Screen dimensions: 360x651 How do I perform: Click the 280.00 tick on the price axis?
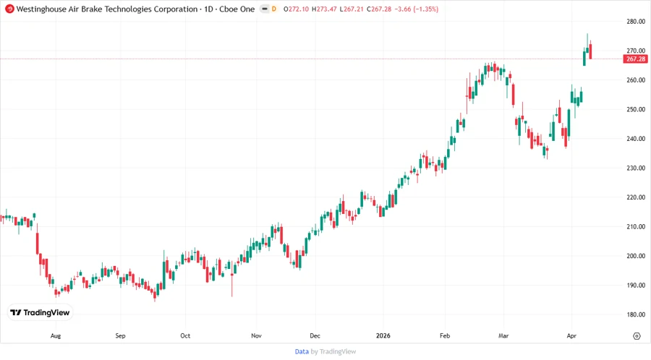point(636,22)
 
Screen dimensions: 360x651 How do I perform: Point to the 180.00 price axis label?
point(636,314)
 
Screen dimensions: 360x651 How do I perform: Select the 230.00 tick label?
point(636,168)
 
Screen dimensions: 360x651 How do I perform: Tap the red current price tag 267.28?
point(636,59)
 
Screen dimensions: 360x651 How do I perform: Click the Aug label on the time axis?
point(56,336)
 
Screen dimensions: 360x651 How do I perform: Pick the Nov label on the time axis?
point(256,336)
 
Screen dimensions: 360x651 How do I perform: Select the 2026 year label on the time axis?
point(383,336)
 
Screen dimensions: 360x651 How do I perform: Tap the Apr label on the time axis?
point(570,336)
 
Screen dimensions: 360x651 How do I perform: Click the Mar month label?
point(505,336)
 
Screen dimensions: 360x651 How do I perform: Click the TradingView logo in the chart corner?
point(40,312)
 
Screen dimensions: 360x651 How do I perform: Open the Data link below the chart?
point(302,351)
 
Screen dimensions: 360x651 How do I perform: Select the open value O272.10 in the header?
point(299,9)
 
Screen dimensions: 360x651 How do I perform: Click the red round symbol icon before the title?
point(9,9)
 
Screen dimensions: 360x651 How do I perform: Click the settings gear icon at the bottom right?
point(637,336)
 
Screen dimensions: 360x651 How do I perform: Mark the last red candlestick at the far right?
point(591,51)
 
